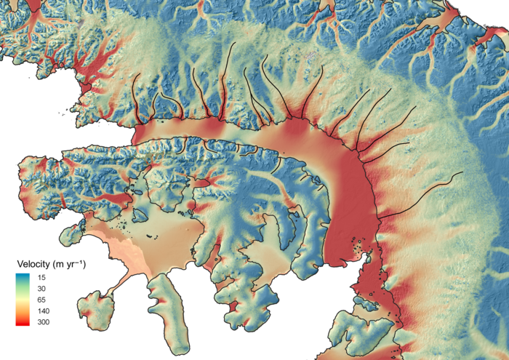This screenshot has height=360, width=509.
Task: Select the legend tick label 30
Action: pyautogui.click(x=42, y=289)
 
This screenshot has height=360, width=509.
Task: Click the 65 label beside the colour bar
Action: pyautogui.click(x=42, y=300)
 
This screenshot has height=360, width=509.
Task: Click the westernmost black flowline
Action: pyautogui.click(x=135, y=102)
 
